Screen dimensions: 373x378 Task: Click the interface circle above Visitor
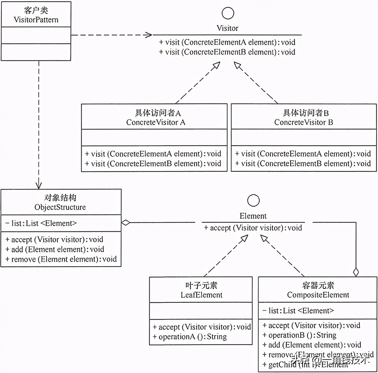pos(228,13)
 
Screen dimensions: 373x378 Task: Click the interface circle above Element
pos(253,200)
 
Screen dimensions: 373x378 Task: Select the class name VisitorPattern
pos(36,20)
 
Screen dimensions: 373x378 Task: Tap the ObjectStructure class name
pos(60,207)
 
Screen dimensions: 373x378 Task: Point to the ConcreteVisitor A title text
pos(156,122)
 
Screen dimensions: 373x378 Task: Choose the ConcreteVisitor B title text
pos(304,122)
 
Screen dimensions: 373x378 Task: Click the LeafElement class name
pos(201,295)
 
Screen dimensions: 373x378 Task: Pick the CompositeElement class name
pos(318,295)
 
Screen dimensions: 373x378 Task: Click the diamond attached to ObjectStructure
pos(126,223)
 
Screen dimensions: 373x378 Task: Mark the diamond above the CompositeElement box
pos(356,272)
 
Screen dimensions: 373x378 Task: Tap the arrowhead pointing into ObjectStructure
pos(39,186)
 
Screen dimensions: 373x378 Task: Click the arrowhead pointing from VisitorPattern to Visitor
pos(149,35)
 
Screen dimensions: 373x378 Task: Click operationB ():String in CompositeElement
pos(299,335)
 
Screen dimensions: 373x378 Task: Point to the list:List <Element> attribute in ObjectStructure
pos(41,223)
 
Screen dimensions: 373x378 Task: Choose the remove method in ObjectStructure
pos(61,259)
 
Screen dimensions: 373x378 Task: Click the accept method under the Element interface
pos(253,228)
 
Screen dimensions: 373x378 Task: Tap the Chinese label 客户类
pos(36,10)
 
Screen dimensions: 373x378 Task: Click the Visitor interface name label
pos(227,28)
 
